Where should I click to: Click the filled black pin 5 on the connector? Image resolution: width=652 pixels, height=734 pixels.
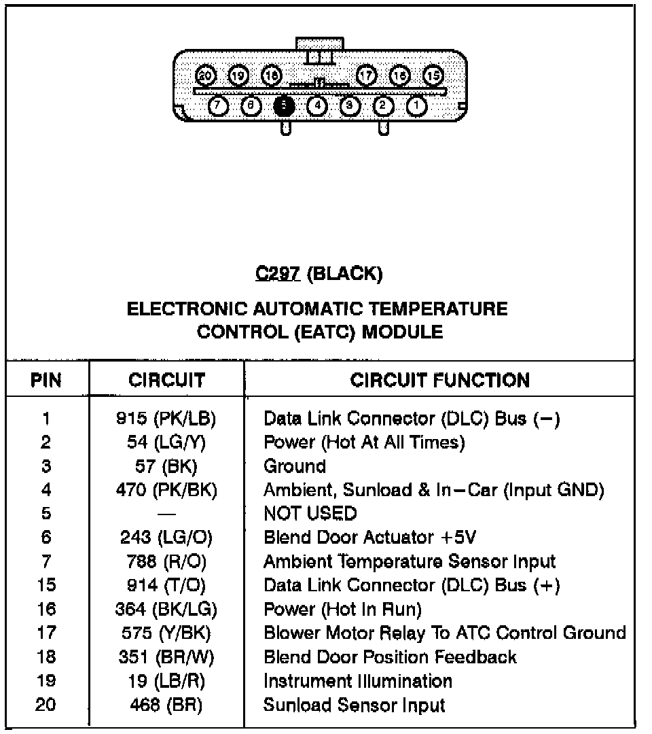coord(284,105)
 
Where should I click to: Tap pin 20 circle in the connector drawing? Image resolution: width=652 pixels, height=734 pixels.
coord(204,75)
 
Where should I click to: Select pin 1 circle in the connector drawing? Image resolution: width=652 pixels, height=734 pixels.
coord(416,105)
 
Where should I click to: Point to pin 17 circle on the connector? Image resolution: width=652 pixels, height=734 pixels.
coord(367,75)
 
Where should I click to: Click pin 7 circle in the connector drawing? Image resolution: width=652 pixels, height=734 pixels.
coord(217,105)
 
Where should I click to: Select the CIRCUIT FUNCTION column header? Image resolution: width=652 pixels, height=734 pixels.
coord(439,380)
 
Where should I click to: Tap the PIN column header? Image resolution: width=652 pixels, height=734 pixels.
coord(46,380)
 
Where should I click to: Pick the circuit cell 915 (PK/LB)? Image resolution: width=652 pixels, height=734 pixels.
coord(166,419)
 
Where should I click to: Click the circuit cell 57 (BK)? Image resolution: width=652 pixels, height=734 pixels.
coord(166,466)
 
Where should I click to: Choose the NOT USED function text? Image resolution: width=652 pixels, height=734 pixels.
coord(310,513)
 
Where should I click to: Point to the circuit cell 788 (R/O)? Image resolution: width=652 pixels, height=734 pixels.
coord(166,561)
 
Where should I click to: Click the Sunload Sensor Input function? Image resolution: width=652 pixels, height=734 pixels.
coord(354,705)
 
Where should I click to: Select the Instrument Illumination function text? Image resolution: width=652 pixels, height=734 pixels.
coord(357,681)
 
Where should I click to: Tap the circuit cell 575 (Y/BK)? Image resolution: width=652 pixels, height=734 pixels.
coord(166,633)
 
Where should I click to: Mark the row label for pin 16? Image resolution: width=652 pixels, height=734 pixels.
coord(46,609)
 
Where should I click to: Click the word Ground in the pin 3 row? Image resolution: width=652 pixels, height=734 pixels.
coord(295,466)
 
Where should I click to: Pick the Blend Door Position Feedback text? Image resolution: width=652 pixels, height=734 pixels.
coord(390,657)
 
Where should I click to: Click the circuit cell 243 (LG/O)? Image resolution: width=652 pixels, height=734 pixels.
coord(166,538)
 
